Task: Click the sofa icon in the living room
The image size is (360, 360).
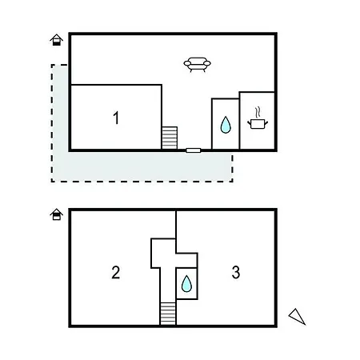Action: pos(197,64)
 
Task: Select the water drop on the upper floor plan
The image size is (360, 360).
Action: pos(226,125)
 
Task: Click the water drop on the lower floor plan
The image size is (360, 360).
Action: pos(186,283)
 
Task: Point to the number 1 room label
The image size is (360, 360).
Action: pos(116,118)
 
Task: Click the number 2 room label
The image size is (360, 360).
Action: pos(115,272)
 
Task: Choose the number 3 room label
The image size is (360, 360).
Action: pos(236,272)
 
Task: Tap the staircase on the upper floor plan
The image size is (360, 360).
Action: pos(170,138)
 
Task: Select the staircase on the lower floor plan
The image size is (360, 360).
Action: pos(168,314)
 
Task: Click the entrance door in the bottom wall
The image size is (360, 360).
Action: pos(194,150)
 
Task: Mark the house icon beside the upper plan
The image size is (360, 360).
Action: pos(56,40)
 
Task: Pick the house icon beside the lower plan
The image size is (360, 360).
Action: pos(56,214)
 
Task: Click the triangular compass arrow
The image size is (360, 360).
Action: pos(297,317)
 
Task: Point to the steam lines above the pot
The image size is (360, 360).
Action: pos(258,112)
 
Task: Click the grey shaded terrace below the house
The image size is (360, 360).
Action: pos(142,166)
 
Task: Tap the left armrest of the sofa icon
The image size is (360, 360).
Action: pos(187,63)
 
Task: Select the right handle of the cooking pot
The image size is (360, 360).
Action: pos(266,123)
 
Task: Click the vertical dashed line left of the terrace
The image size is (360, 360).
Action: pos(52,123)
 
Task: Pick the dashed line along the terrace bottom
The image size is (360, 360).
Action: pos(142,182)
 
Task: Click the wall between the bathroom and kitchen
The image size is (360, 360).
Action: pos(239,121)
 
